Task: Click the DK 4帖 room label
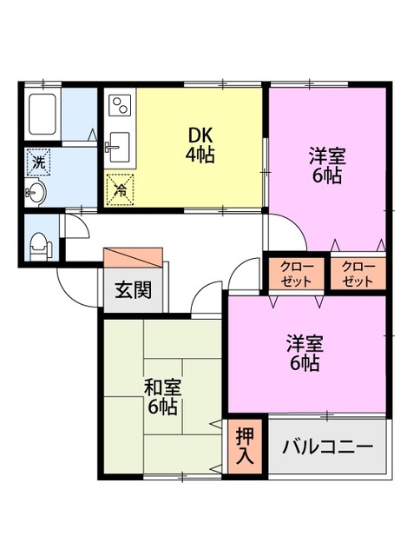click(200, 146)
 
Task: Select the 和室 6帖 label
click(161, 395)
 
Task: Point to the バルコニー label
click(327, 447)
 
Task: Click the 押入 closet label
click(243, 447)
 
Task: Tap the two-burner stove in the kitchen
click(119, 109)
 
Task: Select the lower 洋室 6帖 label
click(305, 353)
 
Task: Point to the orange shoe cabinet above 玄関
click(133, 259)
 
